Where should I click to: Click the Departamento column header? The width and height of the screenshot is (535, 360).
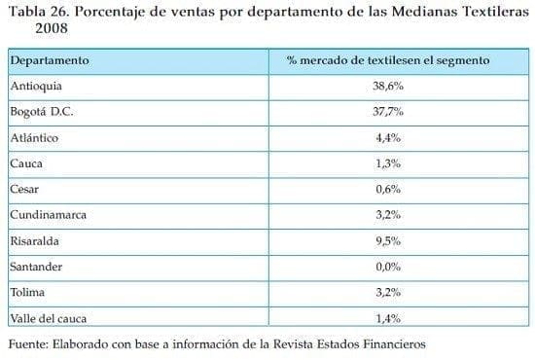pos(50,60)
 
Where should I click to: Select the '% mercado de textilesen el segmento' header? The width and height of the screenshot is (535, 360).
pos(388,60)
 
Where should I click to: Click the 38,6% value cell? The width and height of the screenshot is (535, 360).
pos(388,86)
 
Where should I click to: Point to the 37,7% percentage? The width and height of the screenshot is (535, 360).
pos(388,111)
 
